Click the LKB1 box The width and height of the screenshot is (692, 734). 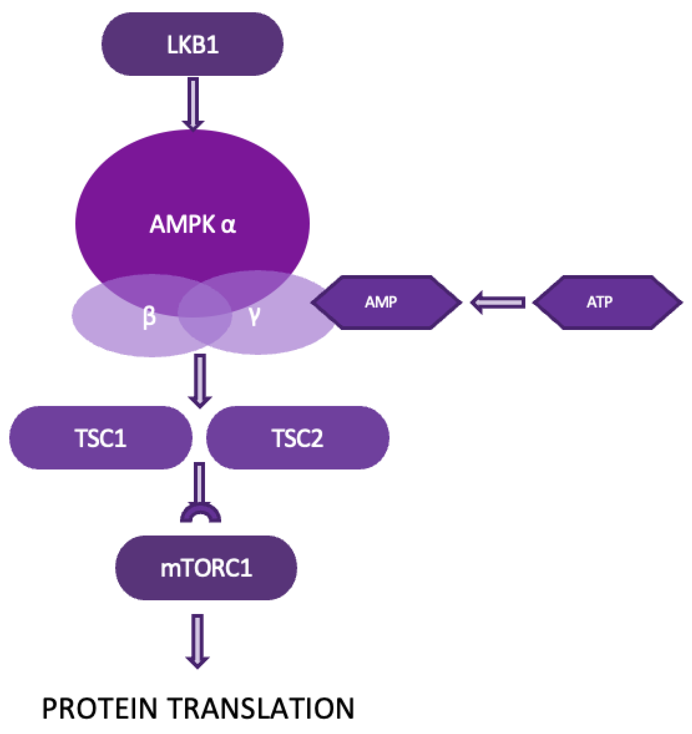pyautogui.click(x=192, y=44)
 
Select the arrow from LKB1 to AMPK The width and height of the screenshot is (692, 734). pyautogui.click(x=193, y=104)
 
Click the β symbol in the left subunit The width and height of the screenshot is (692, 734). pyautogui.click(x=149, y=316)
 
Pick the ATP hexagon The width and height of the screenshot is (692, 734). pyautogui.click(x=607, y=302)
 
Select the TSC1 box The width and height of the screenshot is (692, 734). pyautogui.click(x=100, y=438)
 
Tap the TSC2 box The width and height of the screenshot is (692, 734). pyautogui.click(x=298, y=438)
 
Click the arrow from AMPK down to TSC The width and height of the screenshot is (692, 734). pyautogui.click(x=200, y=380)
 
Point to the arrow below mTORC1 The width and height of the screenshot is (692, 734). pyautogui.click(x=198, y=641)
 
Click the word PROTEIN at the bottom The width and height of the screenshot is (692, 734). pyautogui.click(x=100, y=708)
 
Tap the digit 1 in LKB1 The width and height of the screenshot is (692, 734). pyautogui.click(x=212, y=45)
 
